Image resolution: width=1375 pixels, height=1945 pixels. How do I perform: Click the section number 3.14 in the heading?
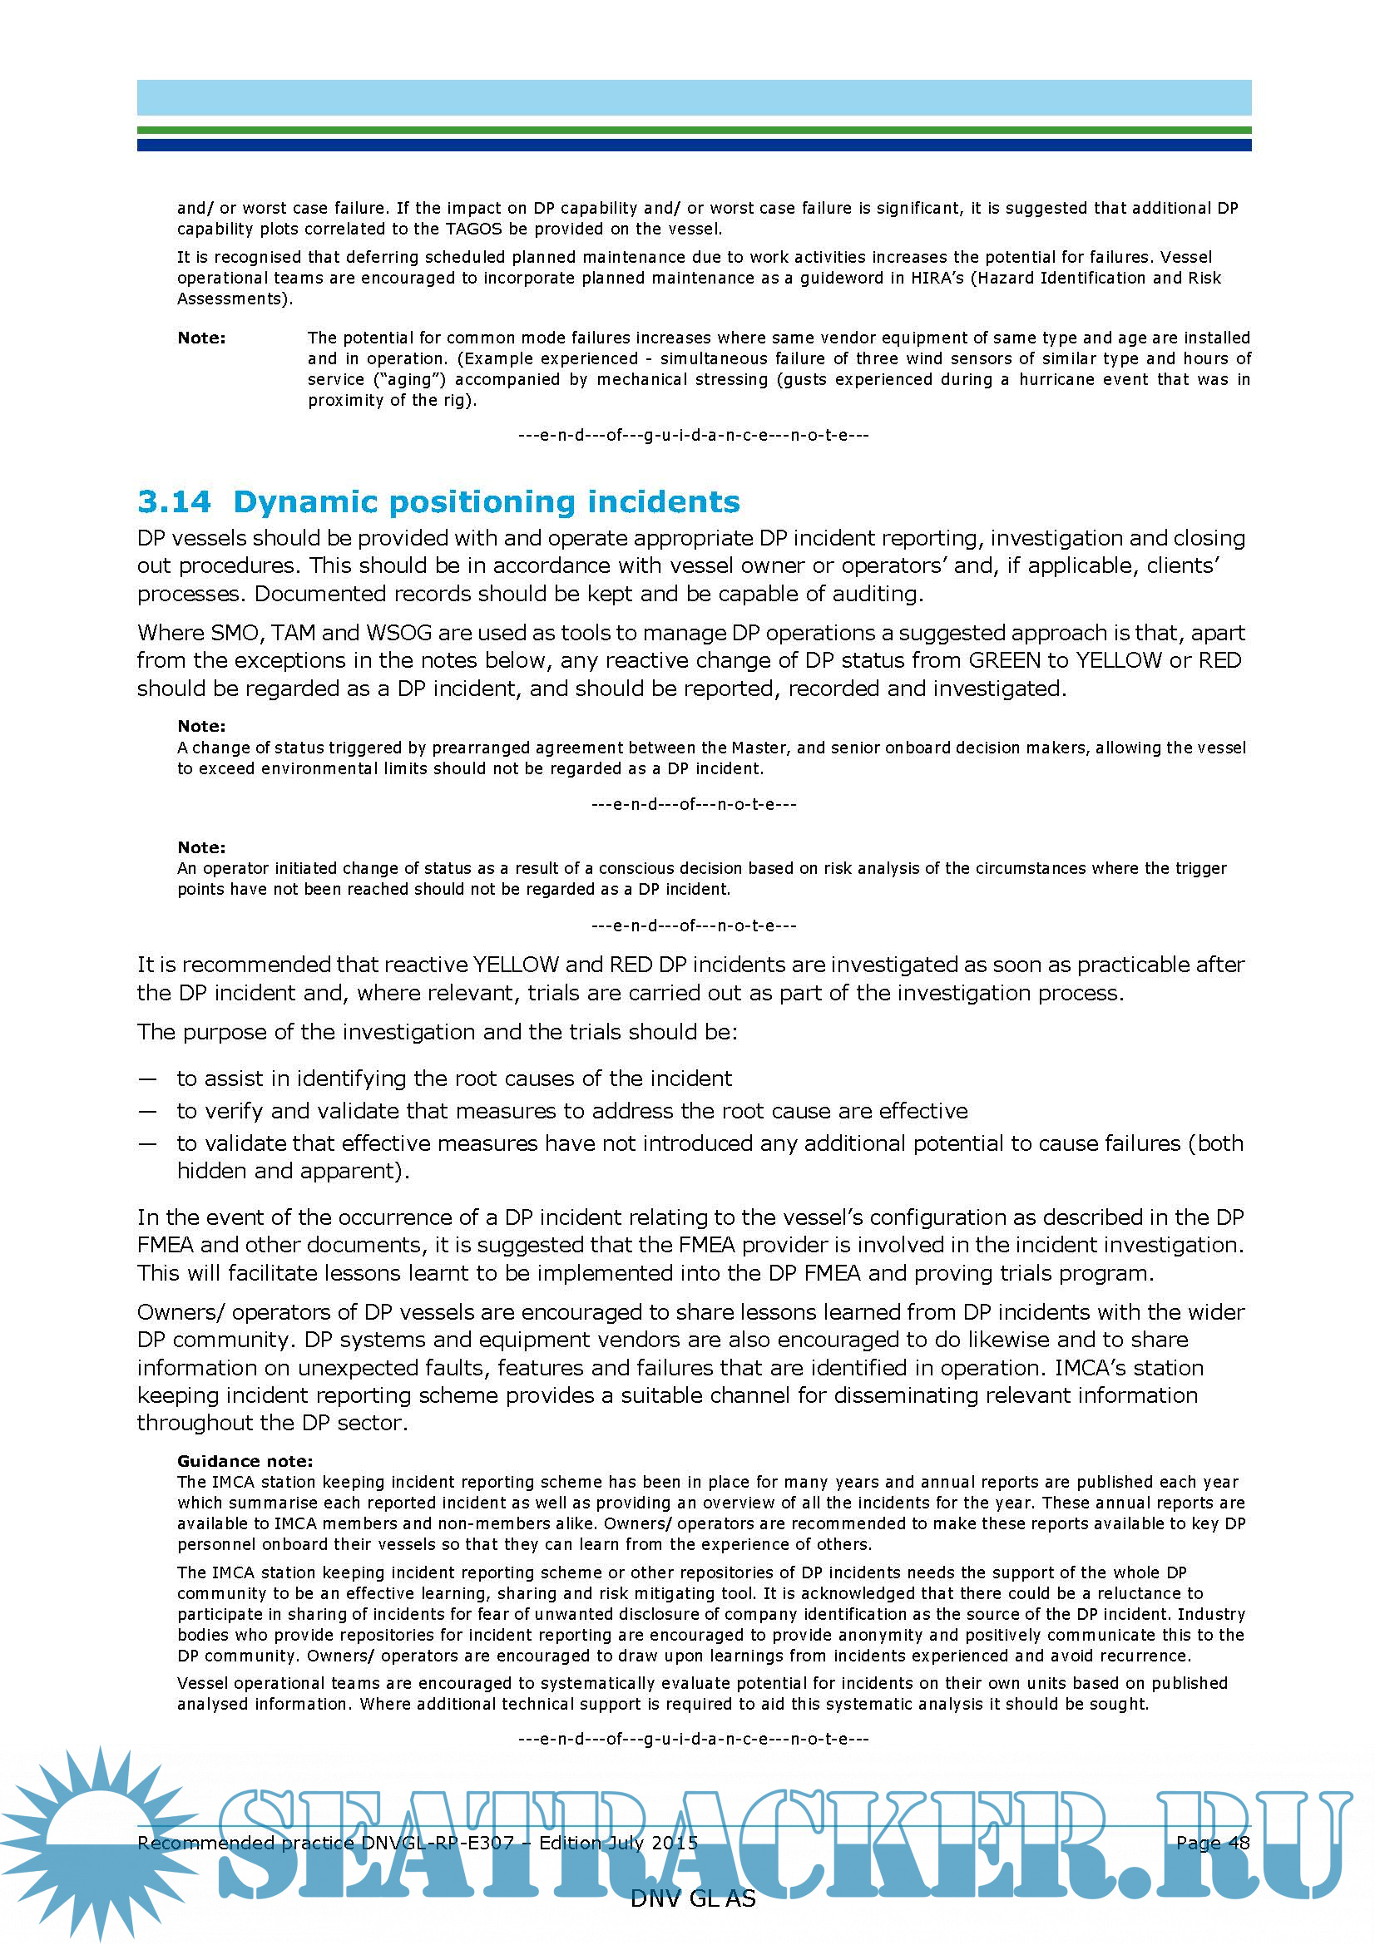tap(174, 501)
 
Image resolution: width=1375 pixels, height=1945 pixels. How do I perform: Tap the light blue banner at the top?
tap(693, 97)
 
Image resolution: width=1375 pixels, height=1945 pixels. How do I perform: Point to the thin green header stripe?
tap(693, 131)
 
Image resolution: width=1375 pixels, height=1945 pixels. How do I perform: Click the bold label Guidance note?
tap(245, 1461)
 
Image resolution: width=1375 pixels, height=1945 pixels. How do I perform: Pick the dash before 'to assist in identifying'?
tap(146, 1079)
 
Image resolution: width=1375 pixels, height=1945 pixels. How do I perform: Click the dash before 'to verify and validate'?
tap(146, 1111)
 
